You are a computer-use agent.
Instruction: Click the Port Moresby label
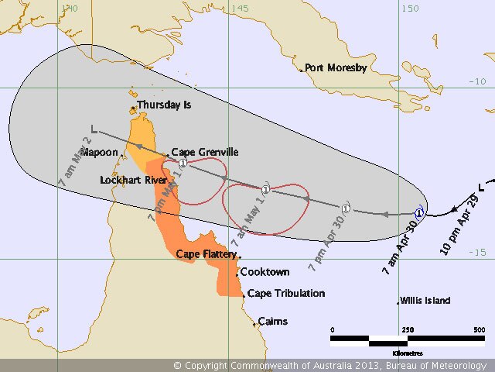[x=336, y=67]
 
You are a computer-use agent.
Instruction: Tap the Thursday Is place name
[x=164, y=105]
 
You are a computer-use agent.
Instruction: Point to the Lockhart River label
[x=134, y=180]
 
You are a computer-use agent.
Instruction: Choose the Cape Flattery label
[x=206, y=253]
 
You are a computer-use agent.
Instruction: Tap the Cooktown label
[x=265, y=272]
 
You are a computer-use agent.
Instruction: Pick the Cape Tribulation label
[x=286, y=294]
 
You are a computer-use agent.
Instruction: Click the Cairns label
[x=272, y=321]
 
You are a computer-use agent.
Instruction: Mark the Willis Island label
[x=425, y=301]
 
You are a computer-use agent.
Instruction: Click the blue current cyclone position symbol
[x=419, y=212]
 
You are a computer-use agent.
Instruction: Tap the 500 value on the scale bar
[x=479, y=329]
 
